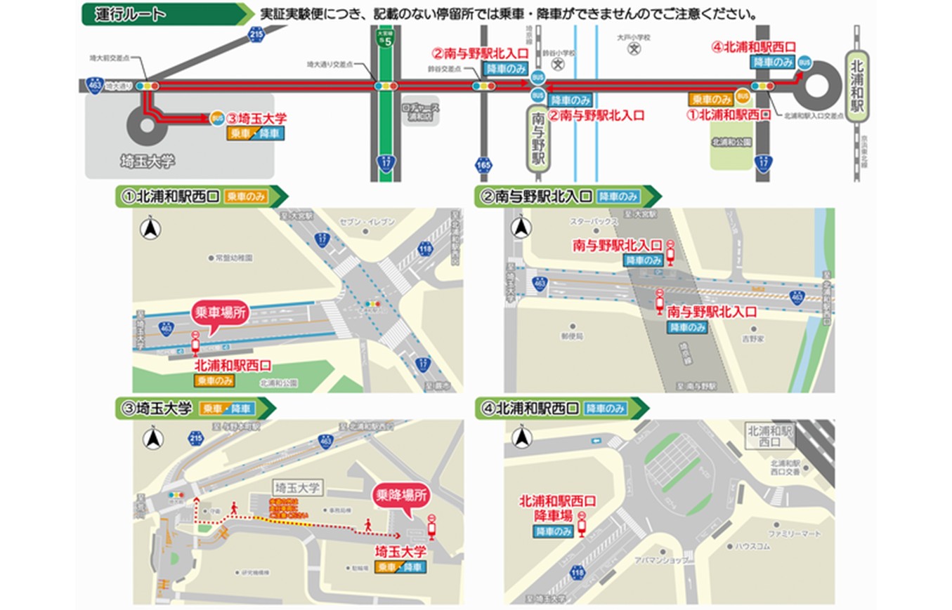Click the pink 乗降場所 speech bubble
point(399,496)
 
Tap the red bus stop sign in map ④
point(582,524)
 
